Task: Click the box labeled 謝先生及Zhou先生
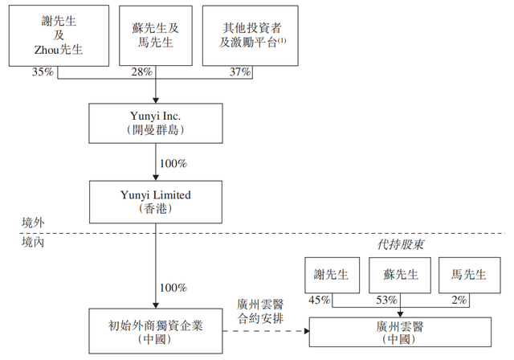tap(59, 34)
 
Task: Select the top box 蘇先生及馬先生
tap(156, 34)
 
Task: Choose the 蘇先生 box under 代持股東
tap(399, 275)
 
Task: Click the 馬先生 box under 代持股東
tap(467, 275)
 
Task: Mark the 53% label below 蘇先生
tap(385, 301)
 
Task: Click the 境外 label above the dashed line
tap(35, 222)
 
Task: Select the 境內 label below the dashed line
tap(35, 243)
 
